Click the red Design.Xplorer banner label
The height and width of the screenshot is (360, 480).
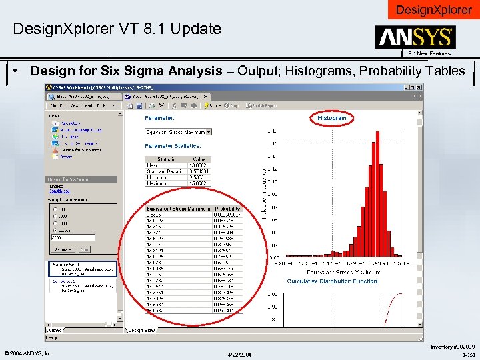(x=433, y=10)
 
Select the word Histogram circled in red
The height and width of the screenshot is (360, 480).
(x=332, y=118)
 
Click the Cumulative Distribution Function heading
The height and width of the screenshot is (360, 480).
(x=332, y=281)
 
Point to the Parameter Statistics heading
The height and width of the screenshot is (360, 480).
(x=173, y=145)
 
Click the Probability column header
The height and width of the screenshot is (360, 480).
(x=227, y=209)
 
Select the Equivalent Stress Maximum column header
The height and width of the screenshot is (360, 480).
(x=178, y=209)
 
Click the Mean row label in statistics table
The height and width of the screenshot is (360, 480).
(x=153, y=165)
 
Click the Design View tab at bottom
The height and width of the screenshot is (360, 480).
(x=143, y=330)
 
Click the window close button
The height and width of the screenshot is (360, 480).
(x=418, y=87)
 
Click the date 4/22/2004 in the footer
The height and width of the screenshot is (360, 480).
(x=239, y=353)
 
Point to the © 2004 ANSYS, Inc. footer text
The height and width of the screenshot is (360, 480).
(x=28, y=353)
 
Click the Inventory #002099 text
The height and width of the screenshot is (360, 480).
(x=452, y=347)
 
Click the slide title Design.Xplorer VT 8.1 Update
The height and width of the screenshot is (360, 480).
(x=117, y=29)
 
